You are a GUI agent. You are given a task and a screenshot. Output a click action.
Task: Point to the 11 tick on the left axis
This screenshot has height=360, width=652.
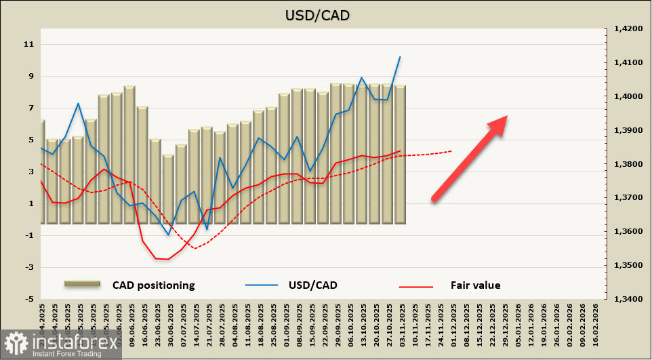(x=29, y=45)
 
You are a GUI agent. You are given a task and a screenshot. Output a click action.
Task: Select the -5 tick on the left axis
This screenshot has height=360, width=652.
(x=29, y=299)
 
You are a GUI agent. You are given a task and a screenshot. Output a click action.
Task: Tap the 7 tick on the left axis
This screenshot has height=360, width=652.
(x=29, y=108)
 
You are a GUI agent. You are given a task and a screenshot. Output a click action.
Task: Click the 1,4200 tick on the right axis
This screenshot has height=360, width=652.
(x=627, y=29)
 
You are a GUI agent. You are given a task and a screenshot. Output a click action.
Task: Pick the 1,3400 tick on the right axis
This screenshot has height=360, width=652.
(x=627, y=299)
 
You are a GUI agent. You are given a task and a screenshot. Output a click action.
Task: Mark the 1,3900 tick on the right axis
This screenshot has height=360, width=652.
(x=627, y=130)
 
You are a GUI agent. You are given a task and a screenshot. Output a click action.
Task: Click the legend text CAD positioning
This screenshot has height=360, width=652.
(x=154, y=285)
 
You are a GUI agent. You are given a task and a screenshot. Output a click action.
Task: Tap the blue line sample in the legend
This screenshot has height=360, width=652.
(x=261, y=285)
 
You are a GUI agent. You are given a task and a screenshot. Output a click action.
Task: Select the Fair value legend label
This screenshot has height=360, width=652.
(x=475, y=285)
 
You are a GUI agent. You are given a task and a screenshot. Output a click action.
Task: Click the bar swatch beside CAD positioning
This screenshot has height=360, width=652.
(x=82, y=285)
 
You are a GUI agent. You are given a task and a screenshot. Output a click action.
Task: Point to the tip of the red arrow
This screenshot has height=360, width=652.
(x=507, y=117)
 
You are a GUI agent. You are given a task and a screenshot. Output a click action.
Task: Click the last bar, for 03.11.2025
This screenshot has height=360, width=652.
(x=400, y=155)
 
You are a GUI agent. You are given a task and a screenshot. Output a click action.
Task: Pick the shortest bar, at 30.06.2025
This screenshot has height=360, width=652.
(x=168, y=189)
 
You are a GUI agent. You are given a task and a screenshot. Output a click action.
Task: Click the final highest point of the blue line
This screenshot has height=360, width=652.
(x=400, y=57)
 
